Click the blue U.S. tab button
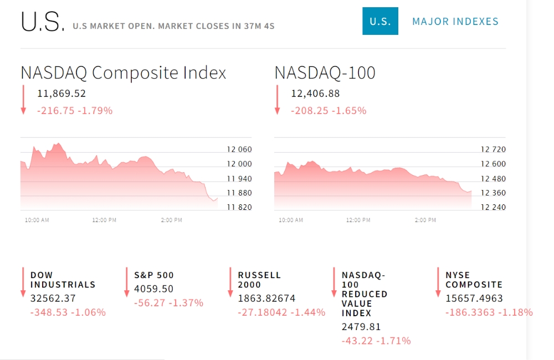[x=380, y=21]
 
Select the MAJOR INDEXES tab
[x=455, y=22]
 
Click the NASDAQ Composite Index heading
[x=124, y=73]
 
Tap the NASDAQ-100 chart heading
[x=325, y=73]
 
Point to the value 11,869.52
[x=61, y=94]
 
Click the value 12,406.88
[x=315, y=94]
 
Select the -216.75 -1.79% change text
[x=75, y=111]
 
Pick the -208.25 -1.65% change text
[x=329, y=111]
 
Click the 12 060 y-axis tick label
[x=239, y=150]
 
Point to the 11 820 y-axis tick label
[x=239, y=207]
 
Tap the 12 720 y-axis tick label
[x=493, y=150]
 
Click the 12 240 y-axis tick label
[x=493, y=207]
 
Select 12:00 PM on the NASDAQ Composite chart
[x=104, y=220]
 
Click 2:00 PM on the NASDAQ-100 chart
[x=425, y=220]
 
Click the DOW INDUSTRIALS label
[x=63, y=280]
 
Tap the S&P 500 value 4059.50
[x=153, y=289]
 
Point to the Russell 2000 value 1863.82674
[x=266, y=299]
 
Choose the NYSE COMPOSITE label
[x=474, y=280]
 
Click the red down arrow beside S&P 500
[x=127, y=282]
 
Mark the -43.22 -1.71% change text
[x=376, y=341]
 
